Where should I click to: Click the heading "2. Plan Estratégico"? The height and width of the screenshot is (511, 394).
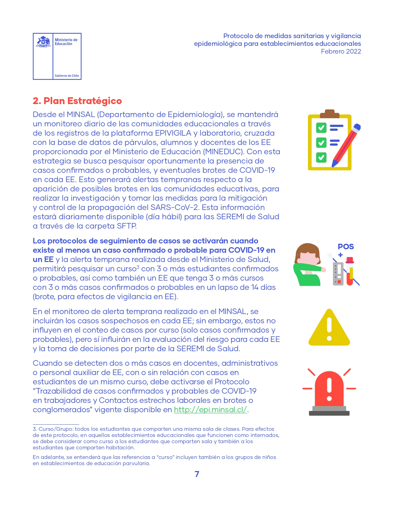(77, 101)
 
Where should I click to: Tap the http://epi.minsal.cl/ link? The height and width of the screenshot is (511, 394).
(210, 410)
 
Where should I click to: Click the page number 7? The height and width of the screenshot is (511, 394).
(197, 474)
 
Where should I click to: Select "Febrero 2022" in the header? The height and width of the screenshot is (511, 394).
(341, 51)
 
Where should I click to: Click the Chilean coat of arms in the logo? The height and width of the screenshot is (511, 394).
(43, 42)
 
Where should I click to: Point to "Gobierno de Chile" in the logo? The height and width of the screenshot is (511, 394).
(67, 76)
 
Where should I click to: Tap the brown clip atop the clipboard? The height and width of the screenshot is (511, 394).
(329, 114)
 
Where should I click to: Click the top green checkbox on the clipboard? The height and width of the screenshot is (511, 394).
(321, 127)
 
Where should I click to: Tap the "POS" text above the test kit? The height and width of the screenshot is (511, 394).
(345, 247)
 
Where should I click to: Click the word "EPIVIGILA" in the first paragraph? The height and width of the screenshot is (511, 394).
(173, 133)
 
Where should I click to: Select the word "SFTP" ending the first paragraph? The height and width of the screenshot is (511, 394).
(127, 226)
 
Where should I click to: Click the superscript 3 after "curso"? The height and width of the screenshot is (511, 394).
(138, 267)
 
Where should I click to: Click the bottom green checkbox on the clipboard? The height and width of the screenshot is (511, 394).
(321, 157)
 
